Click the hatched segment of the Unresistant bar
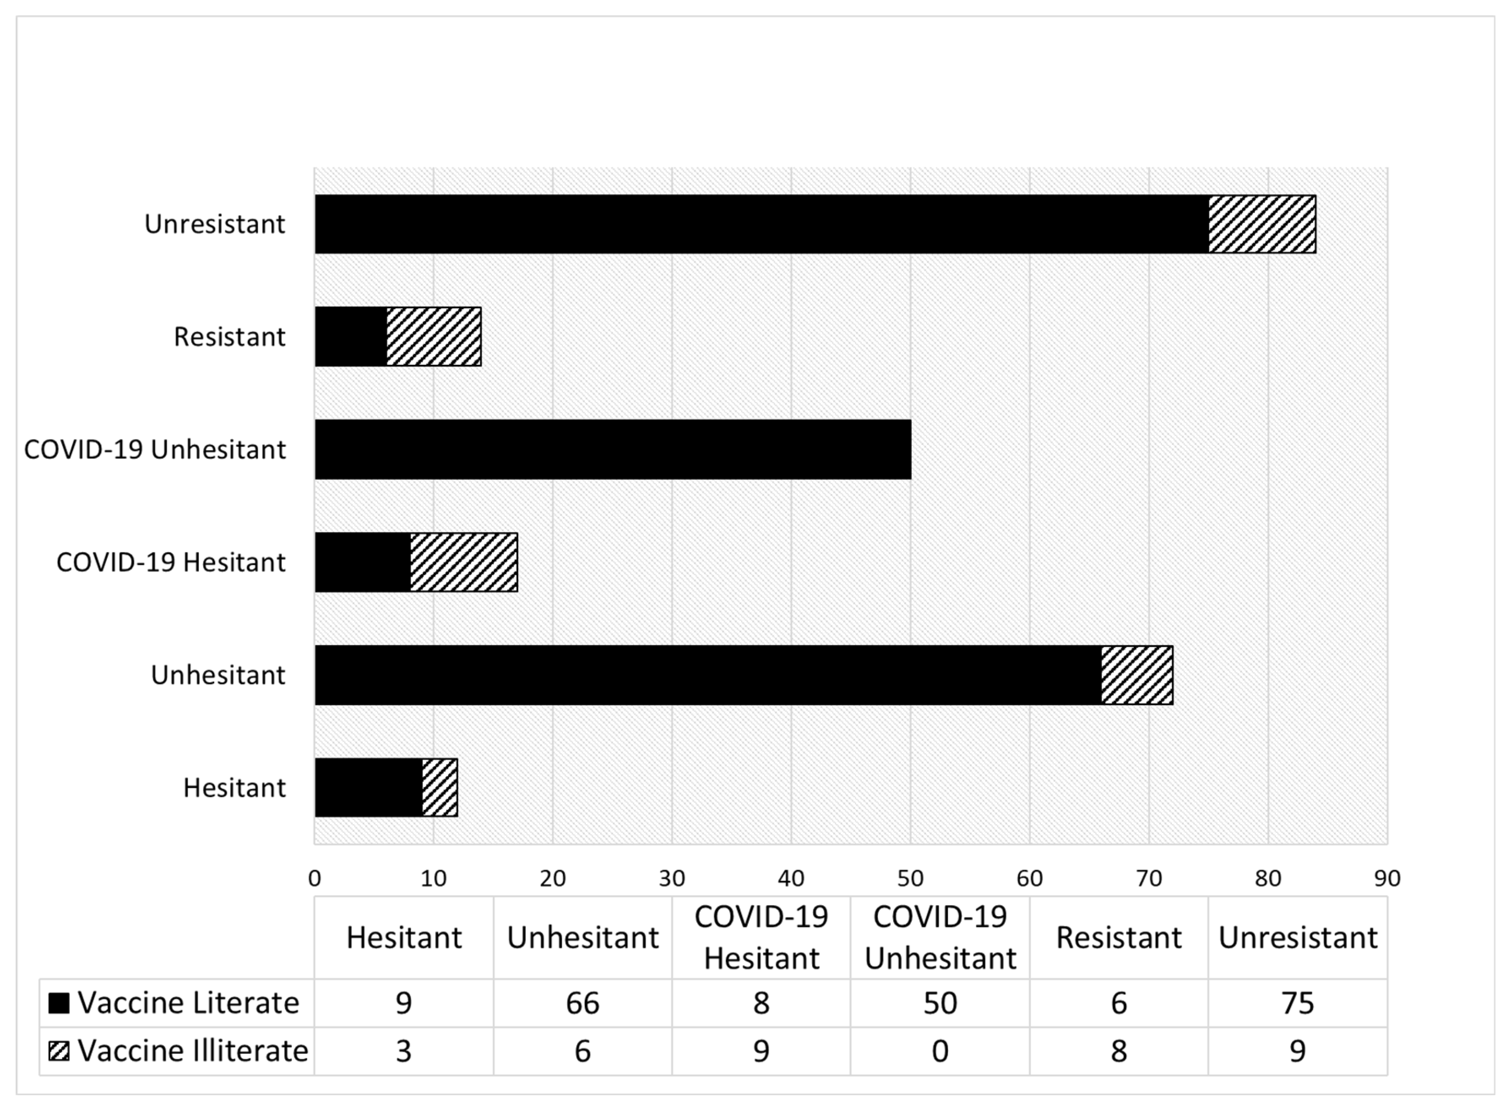click(1261, 224)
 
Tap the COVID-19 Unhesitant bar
click(612, 450)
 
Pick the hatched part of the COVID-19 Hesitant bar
click(464, 562)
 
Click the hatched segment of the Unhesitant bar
click(1137, 675)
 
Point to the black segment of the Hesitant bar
click(369, 787)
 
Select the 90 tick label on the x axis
click(1387, 878)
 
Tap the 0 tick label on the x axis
click(315, 878)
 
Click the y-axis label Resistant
click(229, 336)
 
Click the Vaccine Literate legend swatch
click(59, 1003)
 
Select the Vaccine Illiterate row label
click(192, 1051)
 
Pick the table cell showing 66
click(582, 1003)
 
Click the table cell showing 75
click(1297, 1003)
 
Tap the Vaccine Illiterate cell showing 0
click(940, 1051)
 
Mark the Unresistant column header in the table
click(1297, 937)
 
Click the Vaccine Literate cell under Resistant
click(1119, 1003)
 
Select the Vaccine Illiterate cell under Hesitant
click(403, 1051)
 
